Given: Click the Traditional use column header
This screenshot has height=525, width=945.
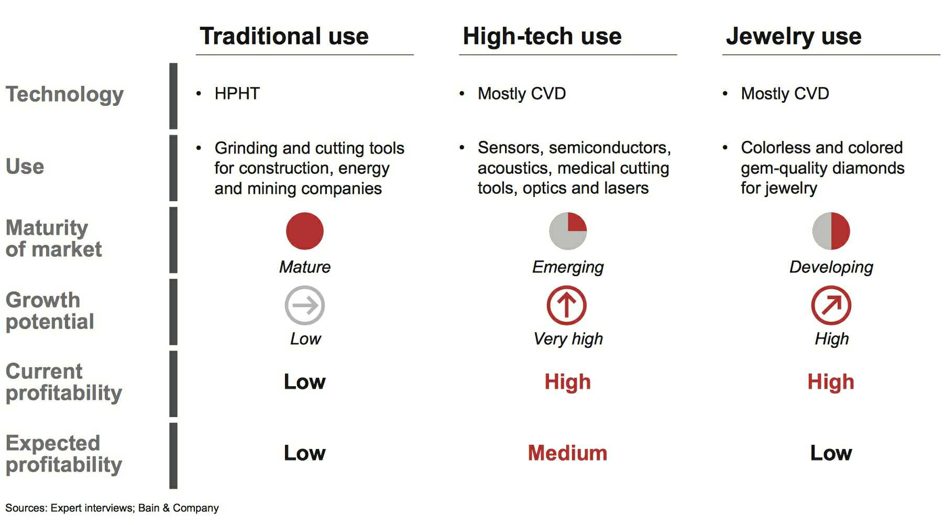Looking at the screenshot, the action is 284,36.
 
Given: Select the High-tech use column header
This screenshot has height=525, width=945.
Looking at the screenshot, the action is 542,36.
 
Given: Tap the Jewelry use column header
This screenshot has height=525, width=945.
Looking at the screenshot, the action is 794,37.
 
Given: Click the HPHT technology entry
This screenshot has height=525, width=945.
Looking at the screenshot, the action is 237,93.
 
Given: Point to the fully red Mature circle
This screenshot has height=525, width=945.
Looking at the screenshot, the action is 305,231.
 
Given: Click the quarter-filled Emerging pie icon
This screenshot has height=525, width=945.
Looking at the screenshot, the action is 568,231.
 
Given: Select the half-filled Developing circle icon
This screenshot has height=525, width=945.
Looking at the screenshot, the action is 831,231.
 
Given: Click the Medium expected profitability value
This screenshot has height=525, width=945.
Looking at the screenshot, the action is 567,453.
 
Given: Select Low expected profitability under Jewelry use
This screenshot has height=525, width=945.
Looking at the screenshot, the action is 831,453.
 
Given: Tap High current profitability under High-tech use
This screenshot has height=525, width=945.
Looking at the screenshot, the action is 568,382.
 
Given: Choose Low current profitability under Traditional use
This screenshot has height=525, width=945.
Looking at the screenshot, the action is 305,382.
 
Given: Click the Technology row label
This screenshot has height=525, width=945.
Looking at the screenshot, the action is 64,95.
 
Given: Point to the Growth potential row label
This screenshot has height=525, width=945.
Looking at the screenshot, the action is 50,311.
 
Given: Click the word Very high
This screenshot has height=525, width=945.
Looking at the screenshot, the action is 568,339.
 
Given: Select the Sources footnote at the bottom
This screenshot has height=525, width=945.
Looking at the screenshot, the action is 112,508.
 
